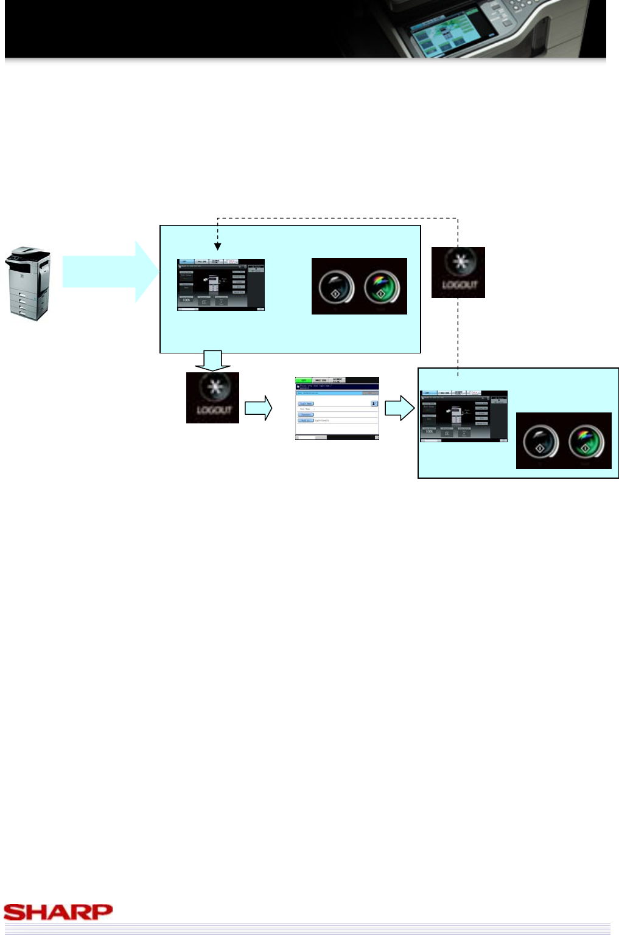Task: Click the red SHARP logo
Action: pyautogui.click(x=58, y=911)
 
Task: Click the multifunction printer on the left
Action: pyautogui.click(x=28, y=283)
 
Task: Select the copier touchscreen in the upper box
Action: pyautogui.click(x=220, y=285)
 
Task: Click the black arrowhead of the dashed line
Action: pyautogui.click(x=217, y=246)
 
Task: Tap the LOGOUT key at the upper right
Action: pyautogui.click(x=458, y=273)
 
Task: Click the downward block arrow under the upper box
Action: pyautogui.click(x=212, y=361)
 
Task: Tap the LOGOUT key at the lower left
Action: pyautogui.click(x=212, y=398)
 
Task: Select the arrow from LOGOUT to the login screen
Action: pyautogui.click(x=259, y=408)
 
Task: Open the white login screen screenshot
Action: pyautogui.click(x=337, y=408)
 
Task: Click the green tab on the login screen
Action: pyautogui.click(x=303, y=380)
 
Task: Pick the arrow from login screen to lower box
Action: pyautogui.click(x=400, y=408)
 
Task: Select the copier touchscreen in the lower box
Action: pyautogui.click(x=463, y=416)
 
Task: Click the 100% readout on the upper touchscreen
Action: pyautogui.click(x=186, y=300)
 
